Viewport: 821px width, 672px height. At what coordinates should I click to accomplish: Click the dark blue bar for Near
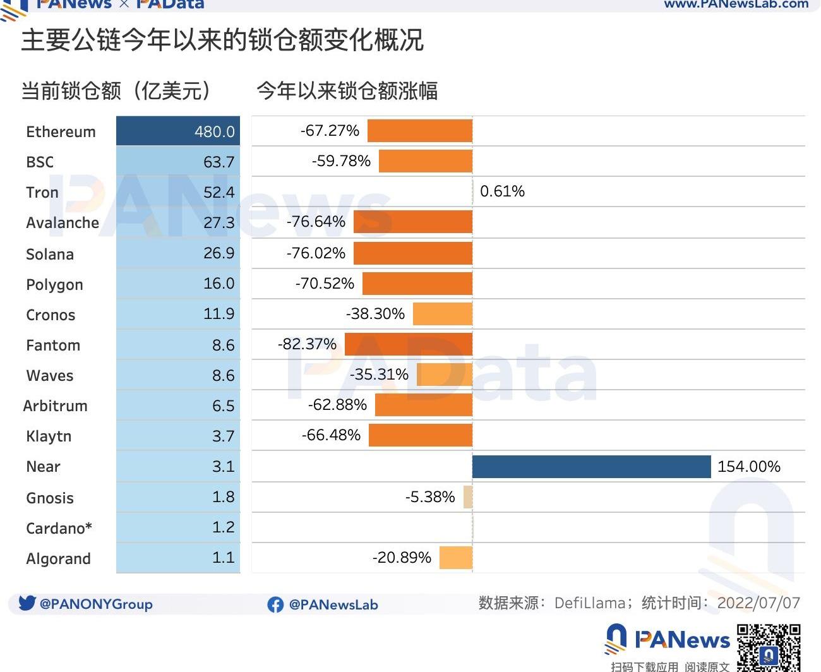[591, 467]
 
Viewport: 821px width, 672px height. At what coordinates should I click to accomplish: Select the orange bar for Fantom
[409, 344]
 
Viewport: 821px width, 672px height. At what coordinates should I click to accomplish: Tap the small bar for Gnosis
[468, 497]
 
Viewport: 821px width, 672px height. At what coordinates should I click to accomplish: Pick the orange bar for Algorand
[456, 558]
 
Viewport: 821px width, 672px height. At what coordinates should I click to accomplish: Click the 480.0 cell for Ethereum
[178, 131]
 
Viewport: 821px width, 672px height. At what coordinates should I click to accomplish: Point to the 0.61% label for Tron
[502, 191]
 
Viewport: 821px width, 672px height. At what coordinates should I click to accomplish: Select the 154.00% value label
[749, 467]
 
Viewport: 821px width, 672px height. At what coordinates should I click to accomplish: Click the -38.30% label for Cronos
[375, 314]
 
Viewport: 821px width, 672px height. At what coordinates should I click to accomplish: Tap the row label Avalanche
[63, 223]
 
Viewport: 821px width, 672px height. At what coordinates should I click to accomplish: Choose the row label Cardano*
[59, 528]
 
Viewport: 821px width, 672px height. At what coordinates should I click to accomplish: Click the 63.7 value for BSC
[219, 162]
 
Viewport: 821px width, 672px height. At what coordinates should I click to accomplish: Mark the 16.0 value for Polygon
[219, 284]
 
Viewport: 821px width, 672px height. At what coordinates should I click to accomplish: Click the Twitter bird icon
[27, 603]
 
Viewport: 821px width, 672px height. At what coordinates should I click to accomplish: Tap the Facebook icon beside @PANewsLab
[275, 604]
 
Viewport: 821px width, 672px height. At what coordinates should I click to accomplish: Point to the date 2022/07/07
[758, 603]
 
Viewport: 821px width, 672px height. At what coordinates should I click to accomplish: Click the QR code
[769, 647]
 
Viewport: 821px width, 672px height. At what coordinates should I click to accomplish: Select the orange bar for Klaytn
[421, 435]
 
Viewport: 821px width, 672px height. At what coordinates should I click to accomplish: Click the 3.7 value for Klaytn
[223, 436]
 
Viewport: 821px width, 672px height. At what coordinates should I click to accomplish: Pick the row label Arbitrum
[56, 406]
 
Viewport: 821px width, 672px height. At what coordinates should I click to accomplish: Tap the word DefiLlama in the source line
[589, 603]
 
